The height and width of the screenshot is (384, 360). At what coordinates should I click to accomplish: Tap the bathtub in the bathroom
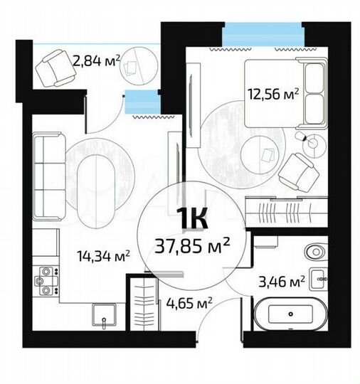point(290,314)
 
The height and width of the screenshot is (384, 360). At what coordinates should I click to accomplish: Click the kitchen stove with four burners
point(46,279)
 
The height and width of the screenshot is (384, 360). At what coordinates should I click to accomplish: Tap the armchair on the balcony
point(54,68)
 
